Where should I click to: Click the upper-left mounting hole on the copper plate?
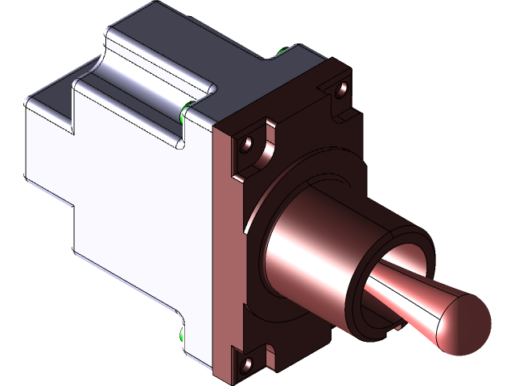[x=248, y=147]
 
